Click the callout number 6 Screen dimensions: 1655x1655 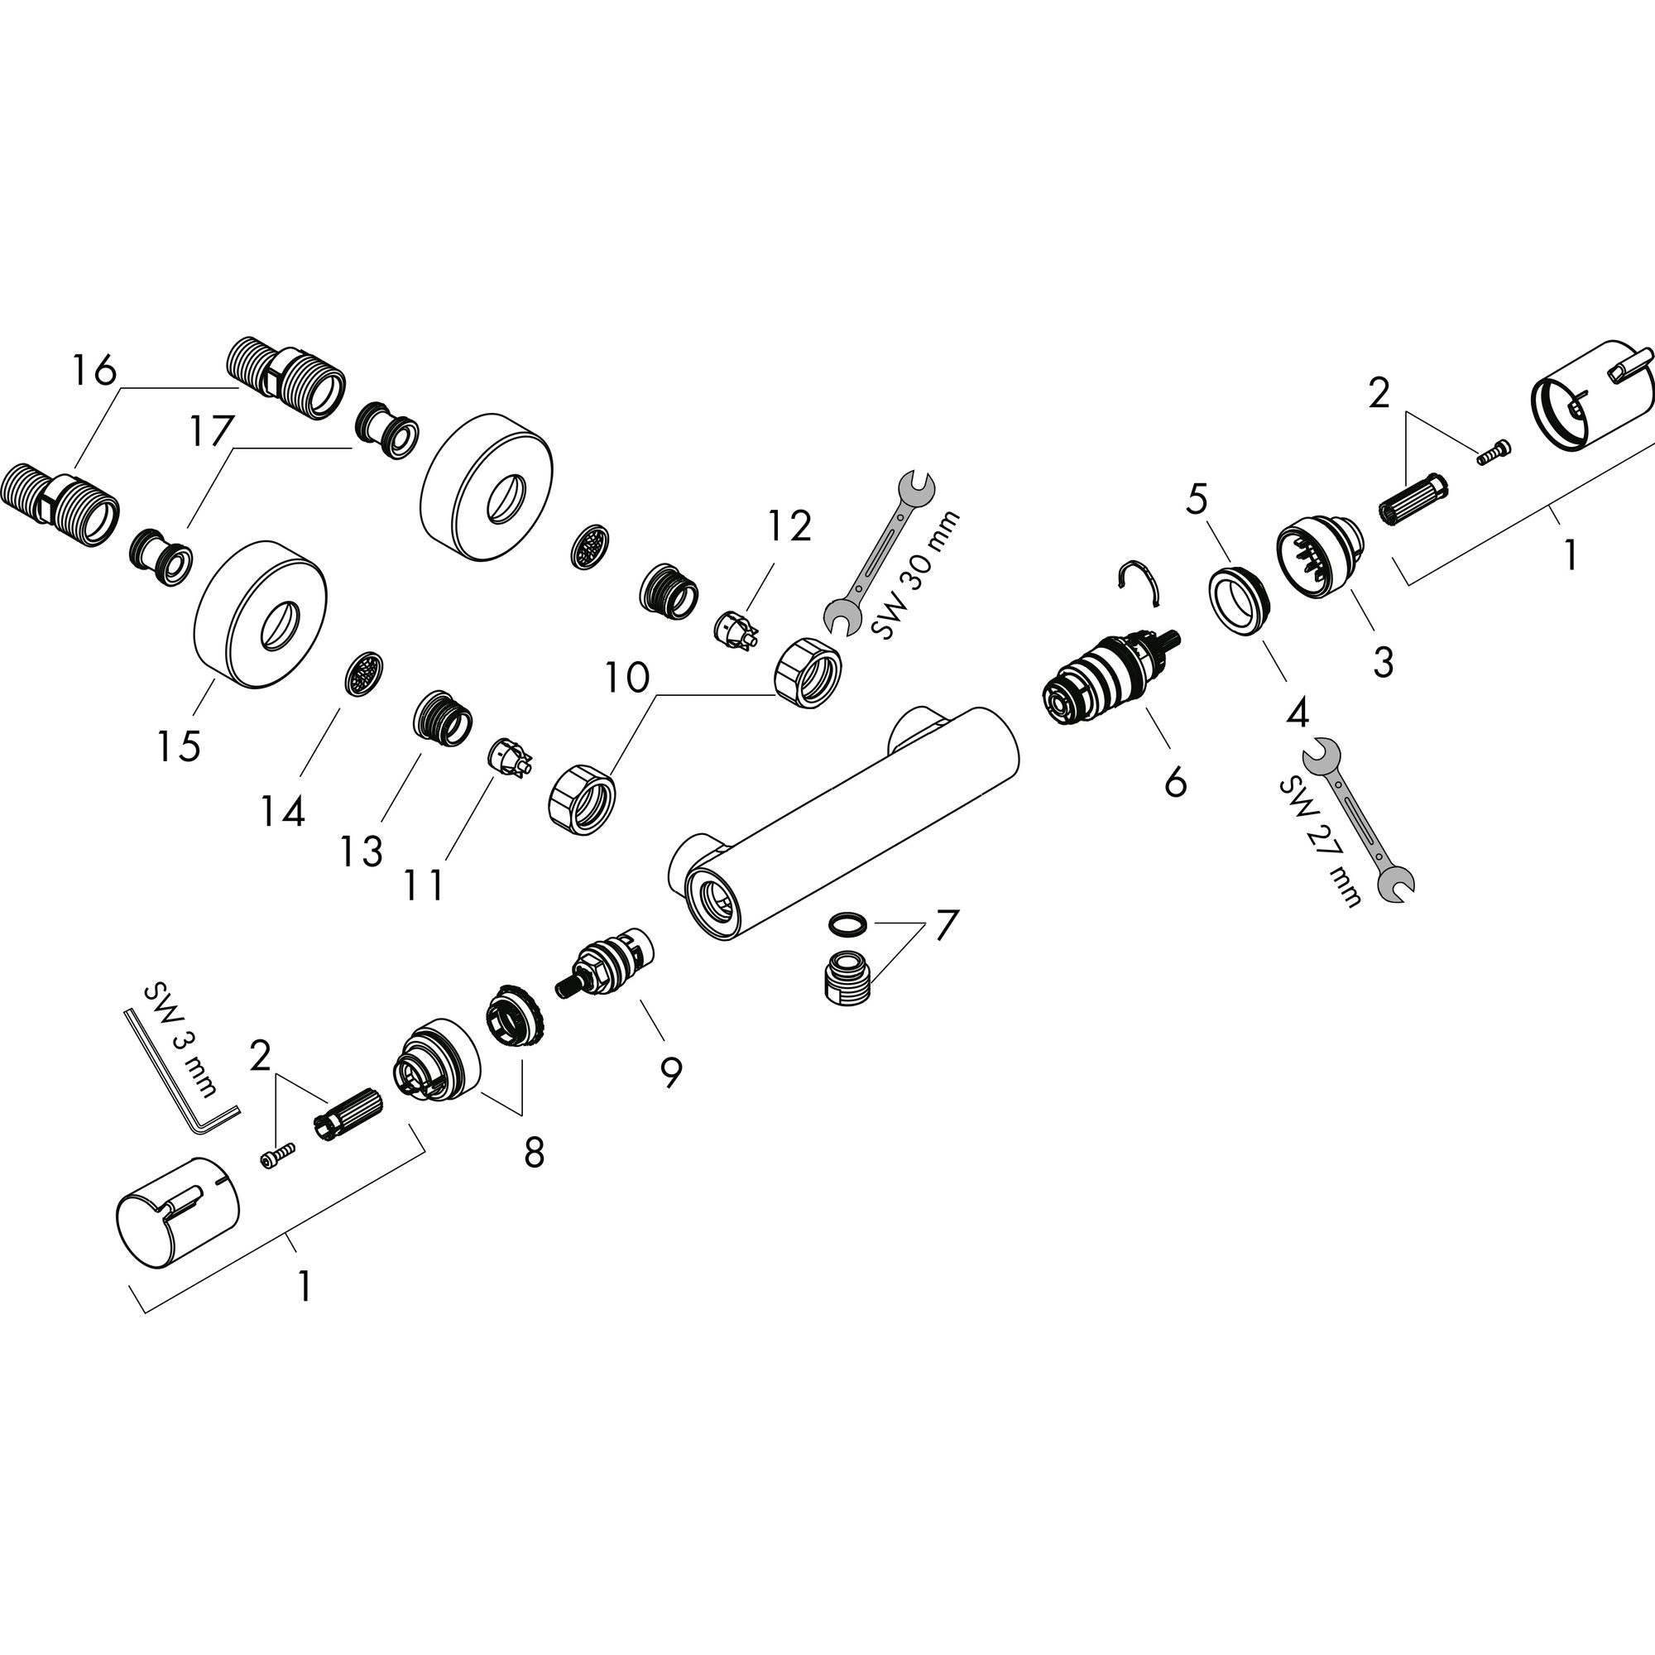1176,780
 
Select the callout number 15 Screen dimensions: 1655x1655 179,746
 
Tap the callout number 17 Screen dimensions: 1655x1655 212,432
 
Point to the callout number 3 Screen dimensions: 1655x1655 1383,662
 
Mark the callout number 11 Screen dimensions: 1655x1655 424,885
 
